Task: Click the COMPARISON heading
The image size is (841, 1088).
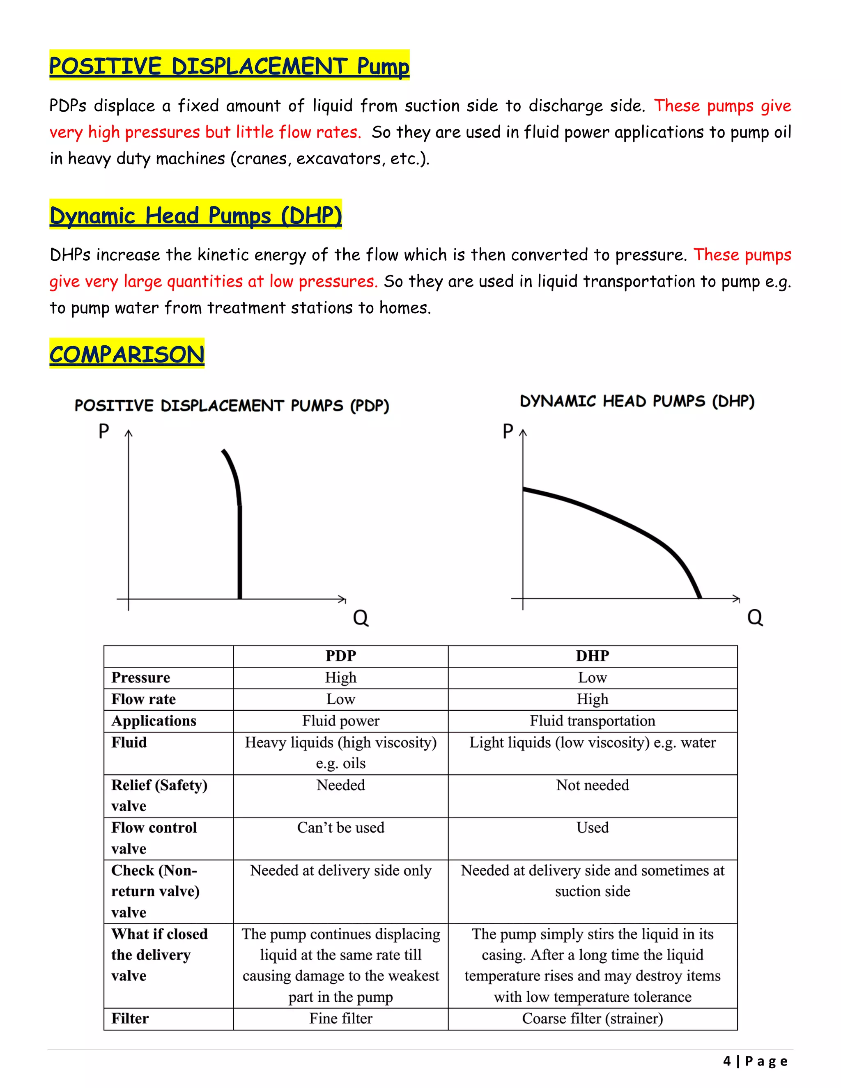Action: pos(126,354)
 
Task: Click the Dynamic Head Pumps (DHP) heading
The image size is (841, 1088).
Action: pos(195,215)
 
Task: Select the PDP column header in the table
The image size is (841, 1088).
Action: pos(341,656)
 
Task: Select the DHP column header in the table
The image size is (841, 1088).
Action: pos(593,656)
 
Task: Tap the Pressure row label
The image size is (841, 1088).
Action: pos(140,677)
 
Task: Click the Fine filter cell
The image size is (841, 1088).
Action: pos(341,1018)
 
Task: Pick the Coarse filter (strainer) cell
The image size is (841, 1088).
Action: pos(593,1018)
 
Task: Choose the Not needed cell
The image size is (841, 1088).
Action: pos(593,785)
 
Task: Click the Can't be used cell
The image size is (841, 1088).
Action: pos(341,827)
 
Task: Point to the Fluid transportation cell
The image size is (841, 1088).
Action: pos(593,721)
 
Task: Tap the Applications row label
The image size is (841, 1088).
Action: pos(154,721)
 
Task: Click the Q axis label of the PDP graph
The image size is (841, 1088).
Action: pos(361,618)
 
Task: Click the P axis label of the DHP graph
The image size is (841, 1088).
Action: pos(508,432)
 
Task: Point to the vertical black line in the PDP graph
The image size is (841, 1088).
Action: pos(240,553)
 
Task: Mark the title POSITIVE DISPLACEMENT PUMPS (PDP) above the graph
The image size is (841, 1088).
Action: pos(232,406)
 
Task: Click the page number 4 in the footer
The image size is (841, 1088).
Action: pos(727,1061)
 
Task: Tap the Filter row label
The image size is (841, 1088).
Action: pos(130,1018)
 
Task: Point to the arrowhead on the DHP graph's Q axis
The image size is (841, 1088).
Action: pos(737,598)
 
